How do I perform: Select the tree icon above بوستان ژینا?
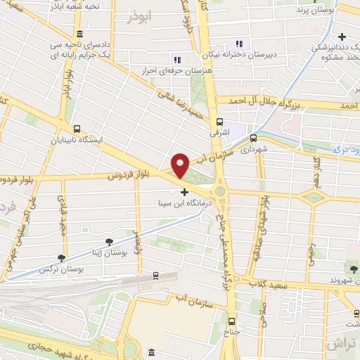109,242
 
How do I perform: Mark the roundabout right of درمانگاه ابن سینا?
222,191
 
